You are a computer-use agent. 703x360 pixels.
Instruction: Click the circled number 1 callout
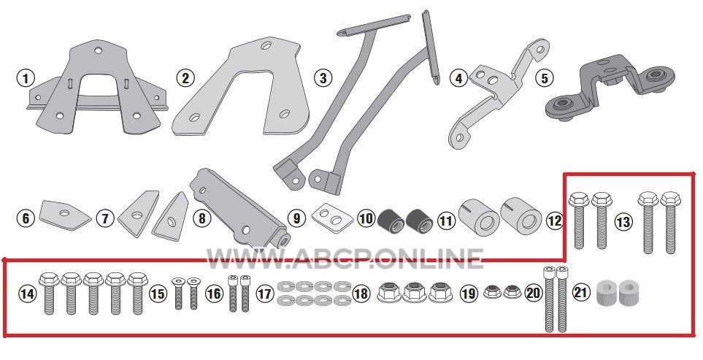(26, 78)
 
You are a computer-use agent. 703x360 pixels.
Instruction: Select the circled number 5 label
(544, 78)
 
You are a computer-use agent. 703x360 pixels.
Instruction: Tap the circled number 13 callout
(623, 221)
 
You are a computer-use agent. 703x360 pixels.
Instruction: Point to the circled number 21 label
(581, 293)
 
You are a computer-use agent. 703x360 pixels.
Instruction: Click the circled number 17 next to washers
(265, 294)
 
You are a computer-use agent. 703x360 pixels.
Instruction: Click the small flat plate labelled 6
(64, 214)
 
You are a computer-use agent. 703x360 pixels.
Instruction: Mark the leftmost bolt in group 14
(49, 293)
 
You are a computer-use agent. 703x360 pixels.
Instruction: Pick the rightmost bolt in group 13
(671, 223)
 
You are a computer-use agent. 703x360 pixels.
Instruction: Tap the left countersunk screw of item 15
(178, 294)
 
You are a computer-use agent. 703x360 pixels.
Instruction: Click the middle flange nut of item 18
(415, 292)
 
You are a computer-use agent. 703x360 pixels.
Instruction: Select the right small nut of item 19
(512, 292)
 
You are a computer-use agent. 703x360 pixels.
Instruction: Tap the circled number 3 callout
(323, 78)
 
